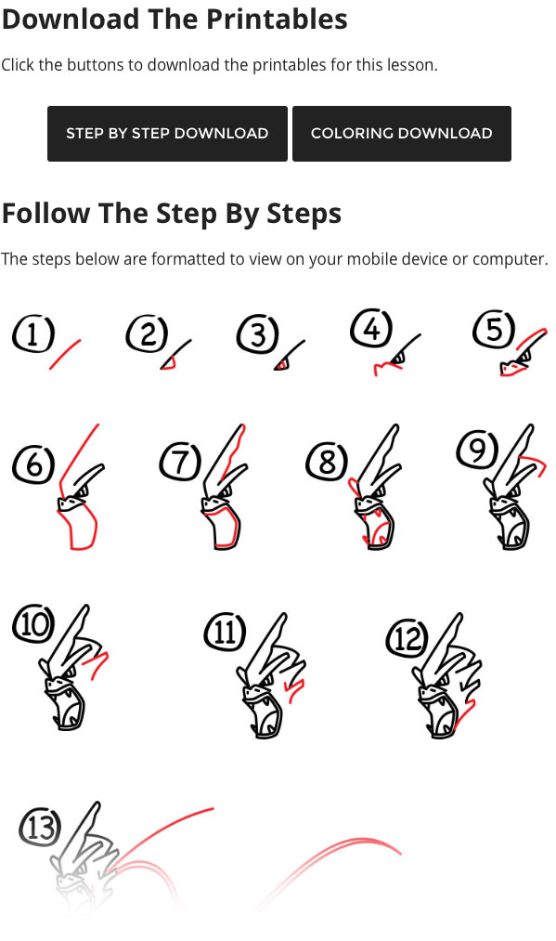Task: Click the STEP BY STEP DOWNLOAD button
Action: tap(167, 133)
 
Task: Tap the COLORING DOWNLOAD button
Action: tap(402, 133)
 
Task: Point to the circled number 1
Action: tap(33, 333)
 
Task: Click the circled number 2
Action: tap(148, 333)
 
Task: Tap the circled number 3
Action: tap(258, 334)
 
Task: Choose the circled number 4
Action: tap(372, 329)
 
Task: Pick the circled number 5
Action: tap(494, 330)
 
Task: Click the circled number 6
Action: tap(33, 464)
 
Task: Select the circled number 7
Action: tap(180, 462)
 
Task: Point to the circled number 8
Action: tap(327, 462)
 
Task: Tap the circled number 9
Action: tap(477, 449)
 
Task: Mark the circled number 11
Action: tap(225, 632)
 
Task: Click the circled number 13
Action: tap(40, 828)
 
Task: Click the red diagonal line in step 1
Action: tap(65, 354)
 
